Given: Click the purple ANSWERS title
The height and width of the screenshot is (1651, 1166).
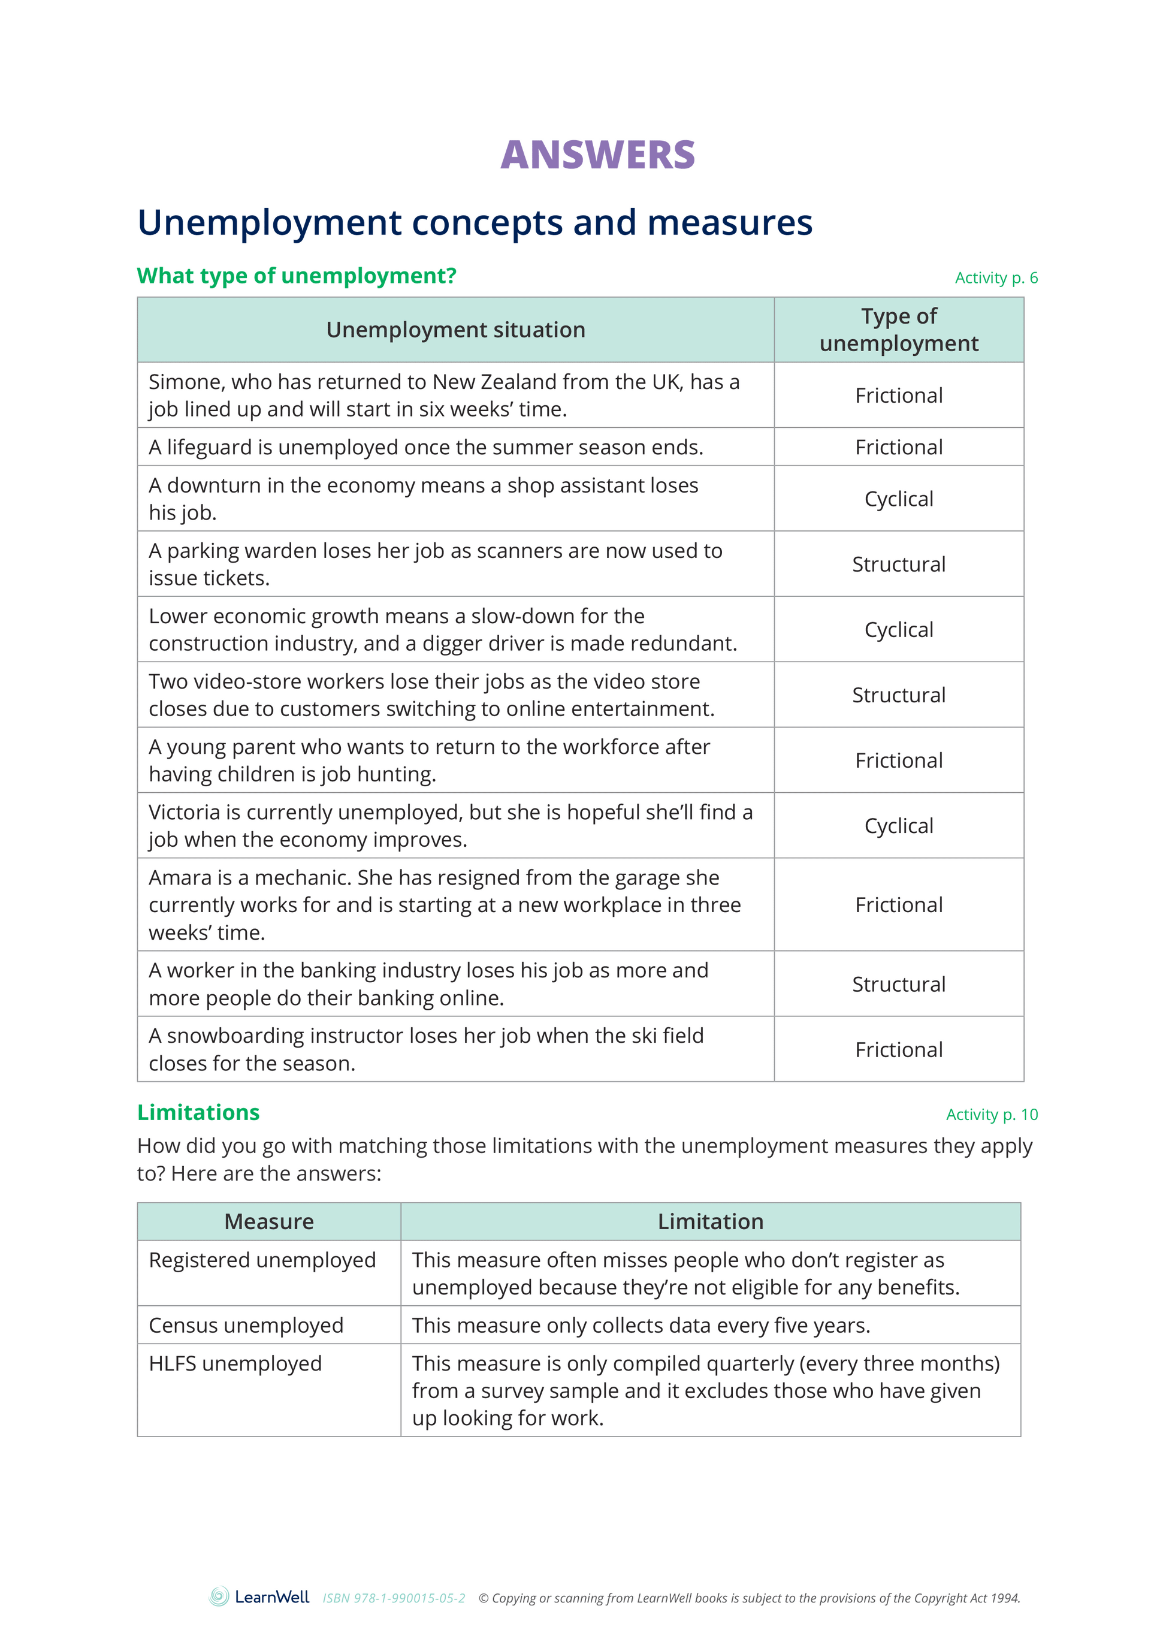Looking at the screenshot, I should pos(597,155).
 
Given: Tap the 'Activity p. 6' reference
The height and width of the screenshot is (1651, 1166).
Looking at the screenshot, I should pos(996,278).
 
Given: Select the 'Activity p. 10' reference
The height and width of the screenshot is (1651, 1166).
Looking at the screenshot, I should pos(991,1115).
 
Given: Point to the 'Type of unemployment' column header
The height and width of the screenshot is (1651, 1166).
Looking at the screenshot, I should pos(899,330).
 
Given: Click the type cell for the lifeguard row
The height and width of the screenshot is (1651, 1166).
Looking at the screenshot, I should pos(899,447).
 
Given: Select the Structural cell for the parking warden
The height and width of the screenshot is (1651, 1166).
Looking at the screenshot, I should pos(899,565).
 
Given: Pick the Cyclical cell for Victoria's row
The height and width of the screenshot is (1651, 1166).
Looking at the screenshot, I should pos(899,826).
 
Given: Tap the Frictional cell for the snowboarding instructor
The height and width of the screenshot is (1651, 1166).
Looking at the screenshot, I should pos(899,1050).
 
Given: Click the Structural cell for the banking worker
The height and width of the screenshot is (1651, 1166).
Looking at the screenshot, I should pos(899,985).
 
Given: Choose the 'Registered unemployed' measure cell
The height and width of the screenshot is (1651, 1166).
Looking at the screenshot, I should pos(262,1260).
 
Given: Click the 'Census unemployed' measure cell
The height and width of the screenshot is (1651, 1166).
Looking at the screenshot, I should pos(246,1325).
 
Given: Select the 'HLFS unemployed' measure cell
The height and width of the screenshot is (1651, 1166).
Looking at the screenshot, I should pos(235,1363).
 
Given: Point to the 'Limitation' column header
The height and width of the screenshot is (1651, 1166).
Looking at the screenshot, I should pos(710,1222).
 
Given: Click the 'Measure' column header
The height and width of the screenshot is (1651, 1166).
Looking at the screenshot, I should pos(269,1222).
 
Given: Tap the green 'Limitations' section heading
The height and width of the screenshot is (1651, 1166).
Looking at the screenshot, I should pos(198,1112).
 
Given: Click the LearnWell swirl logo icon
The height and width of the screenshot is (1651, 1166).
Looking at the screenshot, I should pos(219,1596).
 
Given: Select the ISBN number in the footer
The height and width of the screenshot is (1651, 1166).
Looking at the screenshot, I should pos(393,1598).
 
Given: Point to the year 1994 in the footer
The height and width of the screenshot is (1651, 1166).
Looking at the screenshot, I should pos(1005,1598).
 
